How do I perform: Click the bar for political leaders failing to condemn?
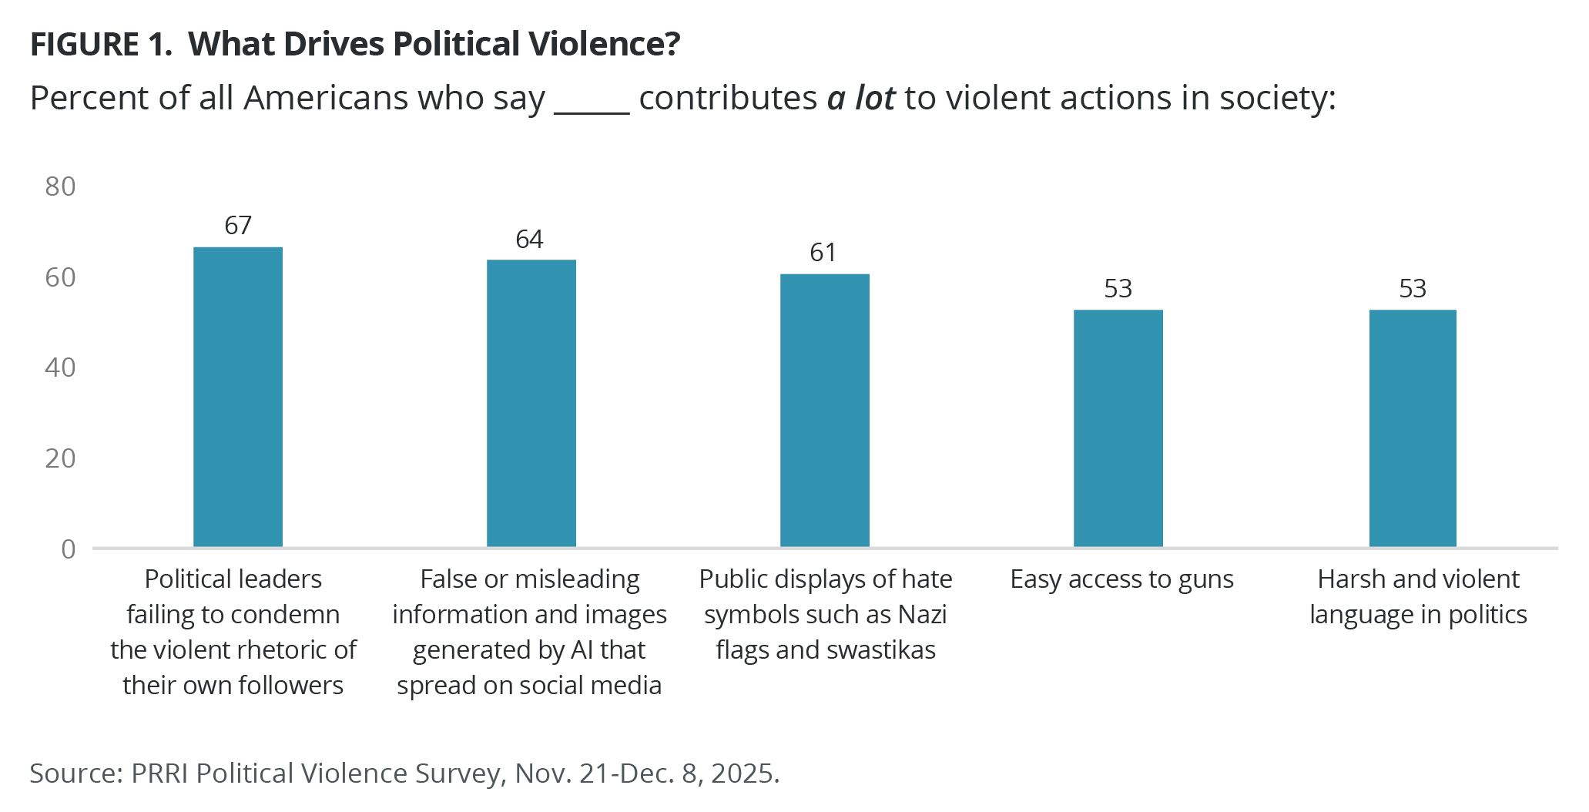pyautogui.click(x=238, y=397)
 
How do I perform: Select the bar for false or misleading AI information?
pyautogui.click(x=531, y=403)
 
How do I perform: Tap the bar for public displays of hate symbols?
pyautogui.click(x=825, y=410)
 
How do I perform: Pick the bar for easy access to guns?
pyautogui.click(x=1118, y=428)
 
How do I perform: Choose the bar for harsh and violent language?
pyautogui.click(x=1413, y=428)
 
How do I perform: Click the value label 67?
pyautogui.click(x=238, y=225)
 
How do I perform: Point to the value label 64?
pyautogui.click(x=530, y=239)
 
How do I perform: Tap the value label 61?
pyautogui.click(x=823, y=252)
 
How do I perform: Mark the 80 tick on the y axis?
pyautogui.click(x=60, y=186)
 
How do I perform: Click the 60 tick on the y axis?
pyautogui.click(x=60, y=277)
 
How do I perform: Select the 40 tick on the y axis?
pyautogui.click(x=60, y=367)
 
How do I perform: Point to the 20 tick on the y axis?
pyautogui.click(x=60, y=458)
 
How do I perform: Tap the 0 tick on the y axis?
pyautogui.click(x=69, y=549)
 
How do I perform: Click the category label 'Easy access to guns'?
pyautogui.click(x=1121, y=579)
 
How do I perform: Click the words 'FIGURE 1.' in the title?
pyautogui.click(x=101, y=45)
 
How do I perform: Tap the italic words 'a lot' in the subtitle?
pyautogui.click(x=861, y=99)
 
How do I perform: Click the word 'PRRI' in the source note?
pyautogui.click(x=160, y=773)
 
